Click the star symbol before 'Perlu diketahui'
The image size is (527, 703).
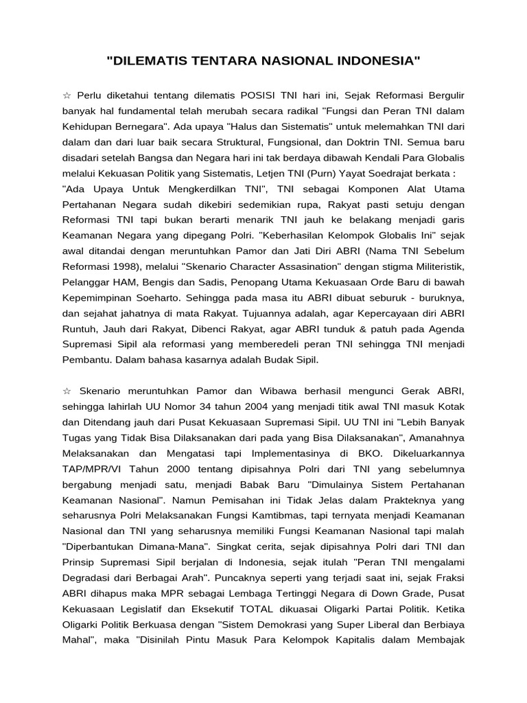[x=67, y=94]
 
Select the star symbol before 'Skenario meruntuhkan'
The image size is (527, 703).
[x=67, y=390]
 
